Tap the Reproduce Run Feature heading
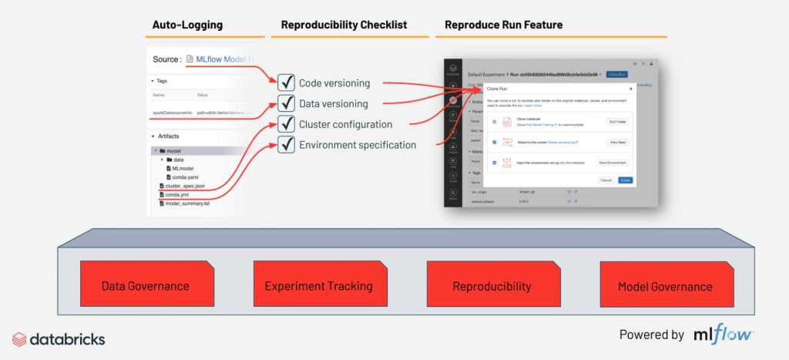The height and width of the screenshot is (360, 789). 504,25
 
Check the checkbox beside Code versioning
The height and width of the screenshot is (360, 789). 286,82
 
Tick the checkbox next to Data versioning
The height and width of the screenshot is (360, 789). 286,103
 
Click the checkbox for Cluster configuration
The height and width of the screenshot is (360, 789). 286,124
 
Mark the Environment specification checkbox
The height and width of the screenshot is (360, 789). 286,144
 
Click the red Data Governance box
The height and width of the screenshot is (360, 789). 145,285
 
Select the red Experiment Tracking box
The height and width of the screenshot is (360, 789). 318,285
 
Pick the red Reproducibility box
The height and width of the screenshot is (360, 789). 492,285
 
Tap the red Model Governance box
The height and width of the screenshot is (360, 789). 665,285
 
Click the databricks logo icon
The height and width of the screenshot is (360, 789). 19,338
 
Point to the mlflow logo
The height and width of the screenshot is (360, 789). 722,335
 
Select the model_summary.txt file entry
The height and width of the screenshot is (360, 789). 186,204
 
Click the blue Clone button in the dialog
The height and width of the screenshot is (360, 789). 625,180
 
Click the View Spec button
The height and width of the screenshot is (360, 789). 618,143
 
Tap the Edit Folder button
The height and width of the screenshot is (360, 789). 618,122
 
